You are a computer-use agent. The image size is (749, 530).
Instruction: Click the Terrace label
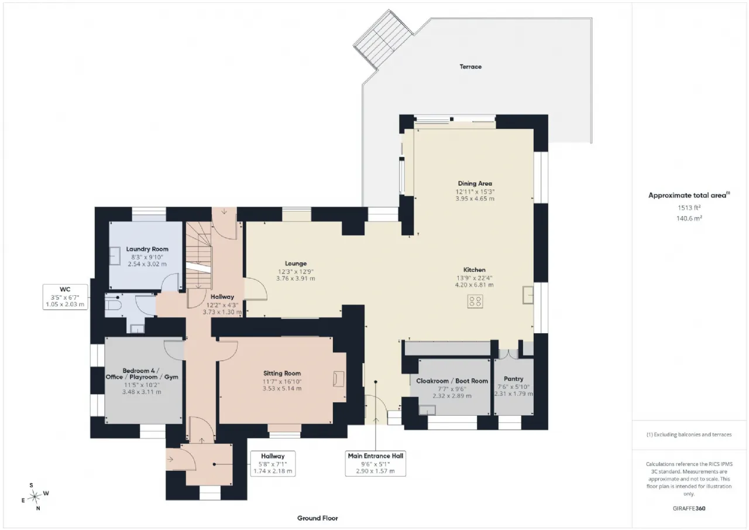point(470,67)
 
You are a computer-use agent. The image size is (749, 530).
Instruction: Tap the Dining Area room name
point(475,183)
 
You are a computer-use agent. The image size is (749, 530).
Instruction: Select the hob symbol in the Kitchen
point(475,301)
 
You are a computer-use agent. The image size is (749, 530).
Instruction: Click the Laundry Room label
point(147,249)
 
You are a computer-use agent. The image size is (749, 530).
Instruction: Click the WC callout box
point(65,297)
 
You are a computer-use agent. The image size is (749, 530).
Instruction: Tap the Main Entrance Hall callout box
point(376,463)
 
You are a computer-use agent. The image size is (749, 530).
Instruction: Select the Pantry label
point(514,379)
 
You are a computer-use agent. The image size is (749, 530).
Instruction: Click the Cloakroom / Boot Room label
point(452,381)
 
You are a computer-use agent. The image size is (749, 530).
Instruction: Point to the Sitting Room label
point(282,373)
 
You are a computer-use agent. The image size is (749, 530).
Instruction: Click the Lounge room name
point(296,264)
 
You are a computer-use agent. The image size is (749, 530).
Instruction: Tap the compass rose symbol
point(35,497)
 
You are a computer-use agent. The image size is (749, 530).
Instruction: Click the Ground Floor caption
point(318,518)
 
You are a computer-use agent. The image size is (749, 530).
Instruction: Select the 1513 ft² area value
point(689,208)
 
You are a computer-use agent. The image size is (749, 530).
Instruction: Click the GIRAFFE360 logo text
point(689,508)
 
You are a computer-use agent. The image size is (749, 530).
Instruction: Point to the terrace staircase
point(384,39)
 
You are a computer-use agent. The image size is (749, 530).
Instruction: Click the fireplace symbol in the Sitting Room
point(339,379)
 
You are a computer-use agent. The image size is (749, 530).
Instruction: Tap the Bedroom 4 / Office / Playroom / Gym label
point(142,374)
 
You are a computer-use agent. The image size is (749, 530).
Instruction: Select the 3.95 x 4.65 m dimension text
point(475,199)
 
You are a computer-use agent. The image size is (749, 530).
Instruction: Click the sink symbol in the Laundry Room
point(115,256)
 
